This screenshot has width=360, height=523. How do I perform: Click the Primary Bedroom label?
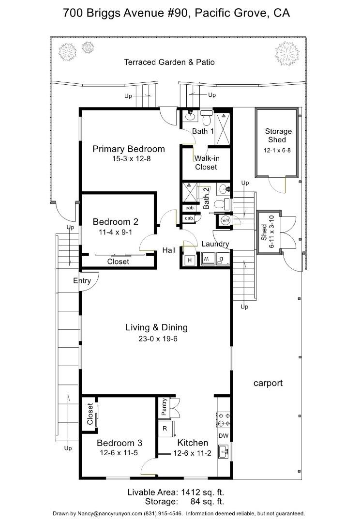tap(129, 149)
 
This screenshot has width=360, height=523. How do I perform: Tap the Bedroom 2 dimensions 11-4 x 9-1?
tap(115, 232)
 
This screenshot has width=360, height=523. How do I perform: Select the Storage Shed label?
tap(278, 136)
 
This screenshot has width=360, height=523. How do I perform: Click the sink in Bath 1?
tap(190, 116)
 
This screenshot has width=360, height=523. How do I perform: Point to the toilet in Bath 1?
tap(206, 117)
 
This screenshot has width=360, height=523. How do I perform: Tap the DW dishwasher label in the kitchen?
tap(224, 436)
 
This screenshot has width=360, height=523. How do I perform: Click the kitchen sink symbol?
tap(224, 451)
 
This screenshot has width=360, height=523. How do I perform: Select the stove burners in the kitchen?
tap(223, 419)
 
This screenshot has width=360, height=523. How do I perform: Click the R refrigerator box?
tap(165, 428)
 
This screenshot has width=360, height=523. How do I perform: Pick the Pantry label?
tap(164, 407)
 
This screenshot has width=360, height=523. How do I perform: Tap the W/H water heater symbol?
tap(225, 220)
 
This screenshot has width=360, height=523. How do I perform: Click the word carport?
tap(268, 383)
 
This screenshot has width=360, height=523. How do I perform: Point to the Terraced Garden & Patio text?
tap(169, 62)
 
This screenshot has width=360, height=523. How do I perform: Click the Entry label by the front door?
tap(82, 281)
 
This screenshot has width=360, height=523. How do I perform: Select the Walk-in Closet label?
tap(206, 163)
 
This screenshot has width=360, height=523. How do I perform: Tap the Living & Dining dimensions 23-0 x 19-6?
tap(158, 339)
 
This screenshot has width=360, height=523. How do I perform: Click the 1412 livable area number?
tap(191, 492)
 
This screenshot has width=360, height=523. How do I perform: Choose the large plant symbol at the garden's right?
tap(286, 53)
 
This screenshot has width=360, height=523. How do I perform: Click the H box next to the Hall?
tap(190, 260)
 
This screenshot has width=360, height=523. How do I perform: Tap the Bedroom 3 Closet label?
tap(90, 414)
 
